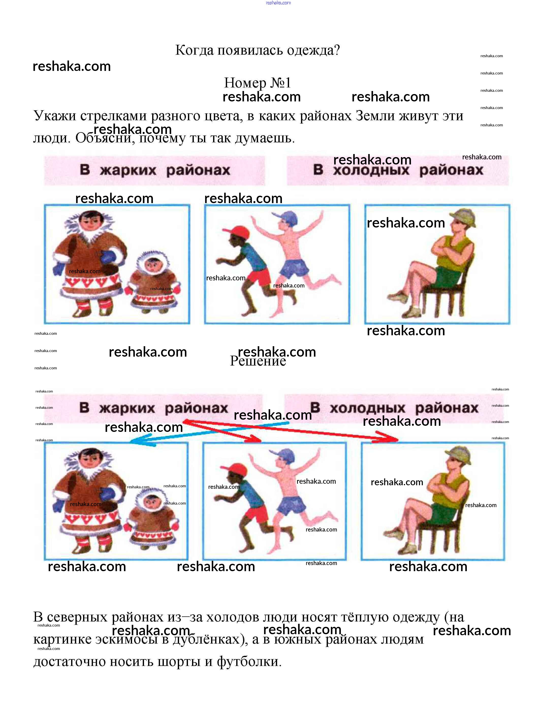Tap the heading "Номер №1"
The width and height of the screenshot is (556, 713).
[x=258, y=83]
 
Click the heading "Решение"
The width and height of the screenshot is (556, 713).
[x=258, y=361]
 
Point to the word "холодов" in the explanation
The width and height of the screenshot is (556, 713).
[x=233, y=617]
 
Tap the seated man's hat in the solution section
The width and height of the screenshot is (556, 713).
[x=459, y=454]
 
